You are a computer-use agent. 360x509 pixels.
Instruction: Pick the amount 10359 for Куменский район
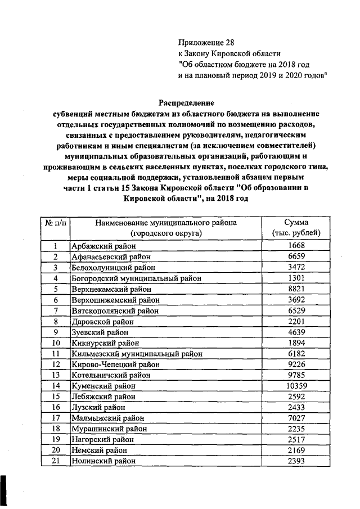coord(296,386)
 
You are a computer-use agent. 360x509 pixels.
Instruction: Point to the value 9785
coord(296,375)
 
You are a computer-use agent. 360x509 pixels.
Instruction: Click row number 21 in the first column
coord(56,461)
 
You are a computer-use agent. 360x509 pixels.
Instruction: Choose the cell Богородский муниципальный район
coord(136,278)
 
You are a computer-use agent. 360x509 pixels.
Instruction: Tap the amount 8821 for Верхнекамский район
coord(296,289)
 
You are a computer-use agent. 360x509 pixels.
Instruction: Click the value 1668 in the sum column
coord(296,246)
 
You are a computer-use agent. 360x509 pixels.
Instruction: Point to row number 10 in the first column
coord(56,343)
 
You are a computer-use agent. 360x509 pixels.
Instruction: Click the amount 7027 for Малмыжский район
coord(296,418)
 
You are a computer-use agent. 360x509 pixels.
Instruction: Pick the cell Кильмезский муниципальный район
coord(137,354)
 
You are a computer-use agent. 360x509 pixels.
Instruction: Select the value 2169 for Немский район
coord(296,451)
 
